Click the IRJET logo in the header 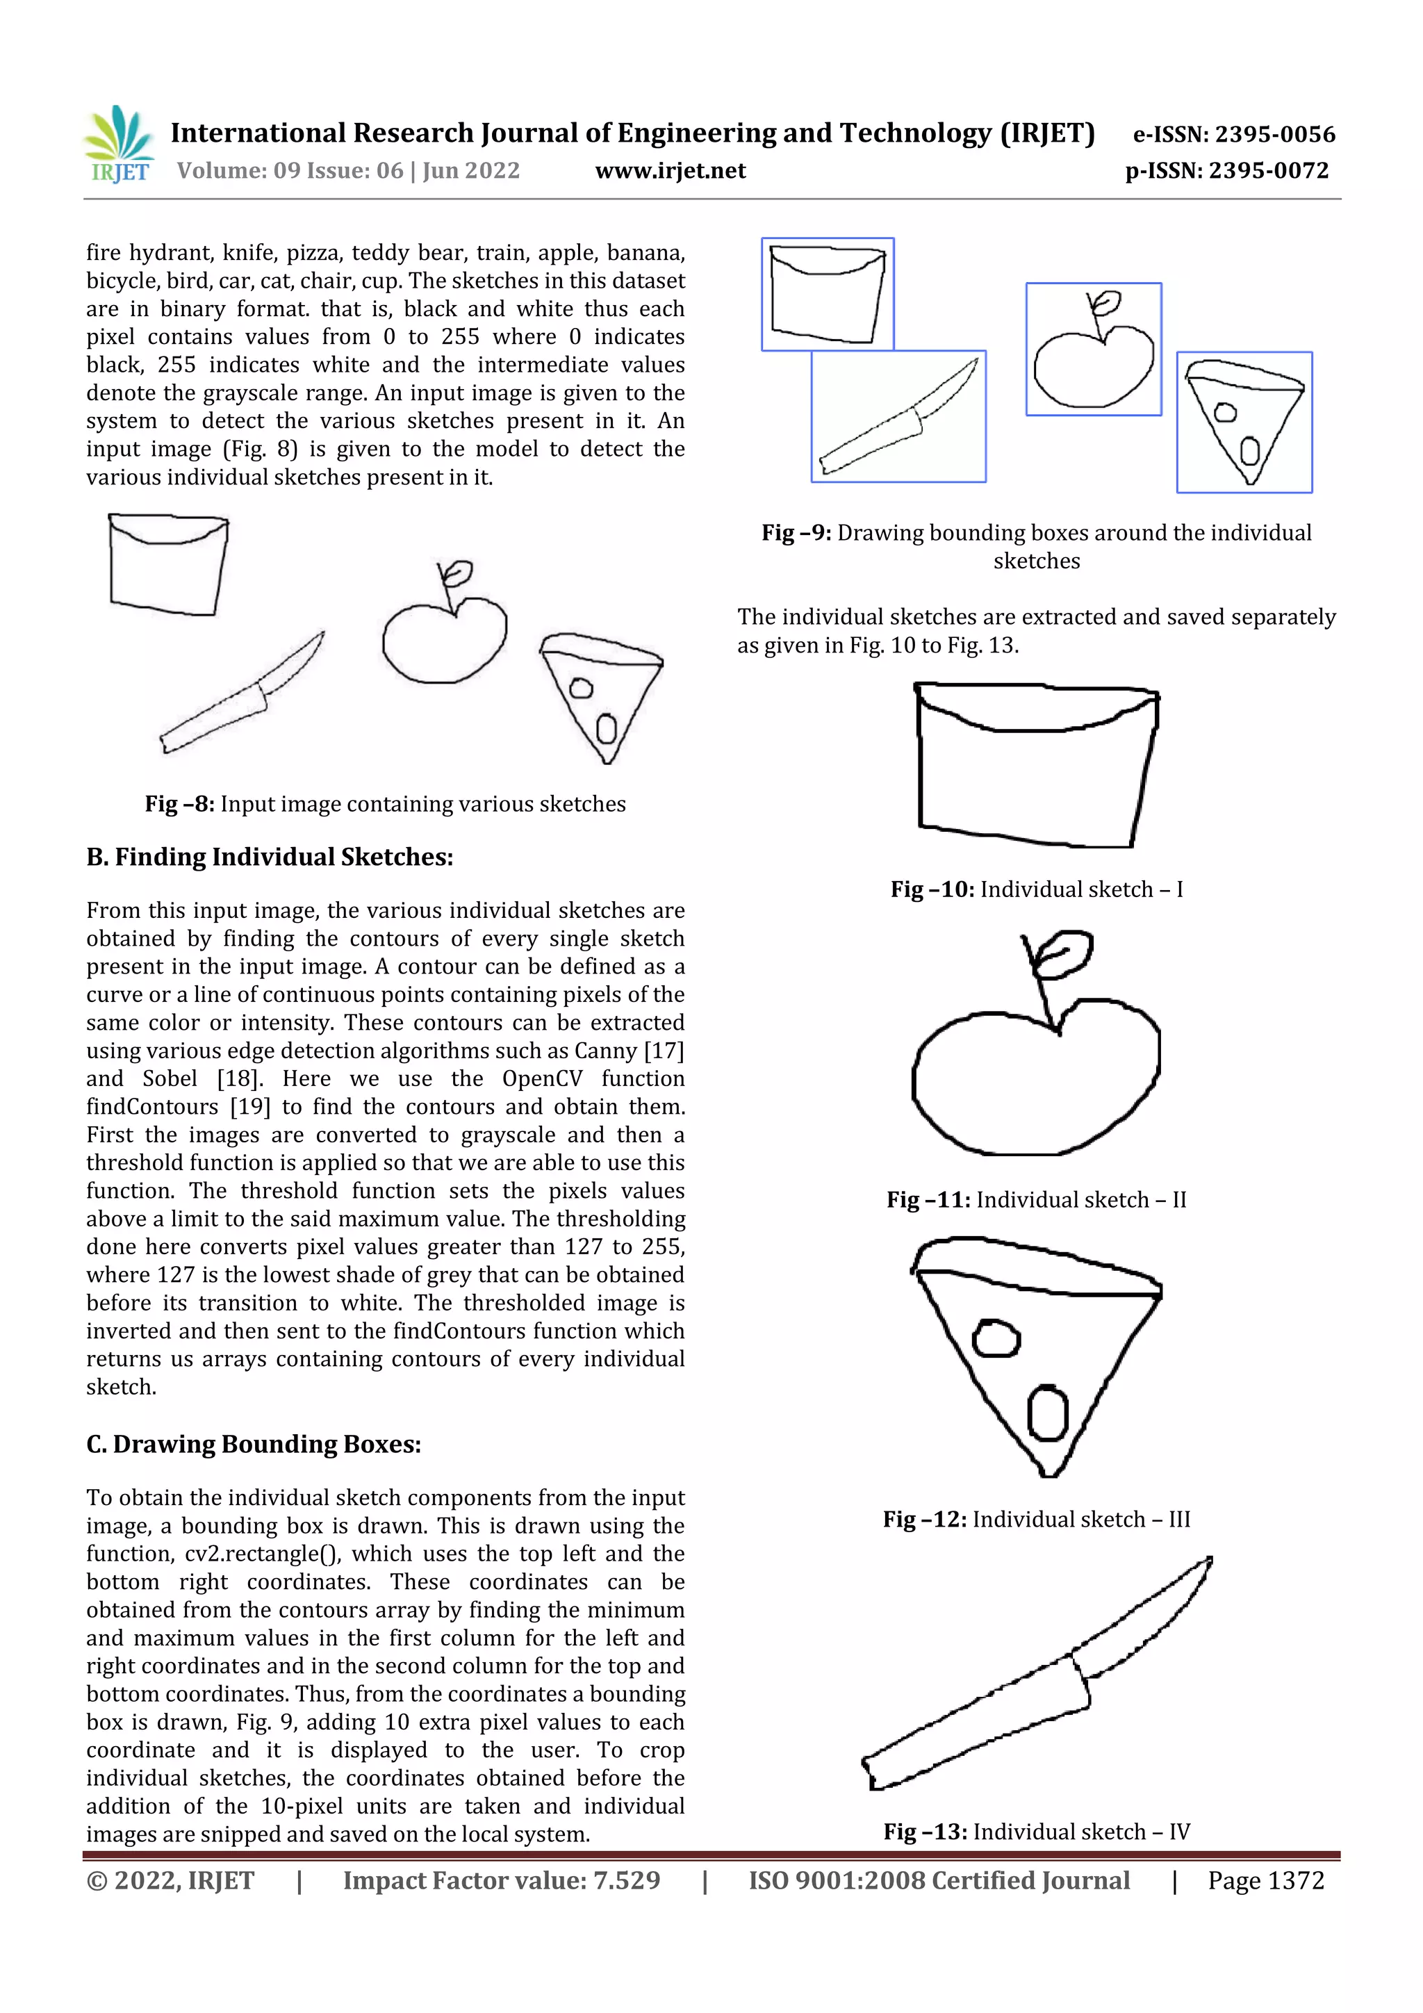pyautogui.click(x=118, y=145)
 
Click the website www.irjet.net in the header pyautogui.click(x=670, y=171)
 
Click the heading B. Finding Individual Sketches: pyautogui.click(x=269, y=857)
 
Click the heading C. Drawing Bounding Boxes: pyautogui.click(x=254, y=1444)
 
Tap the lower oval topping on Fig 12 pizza pyautogui.click(x=1047, y=1413)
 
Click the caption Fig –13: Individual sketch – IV pyautogui.click(x=1037, y=1832)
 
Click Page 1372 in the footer pyautogui.click(x=1265, y=1880)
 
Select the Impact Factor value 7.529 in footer pyautogui.click(x=502, y=1880)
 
